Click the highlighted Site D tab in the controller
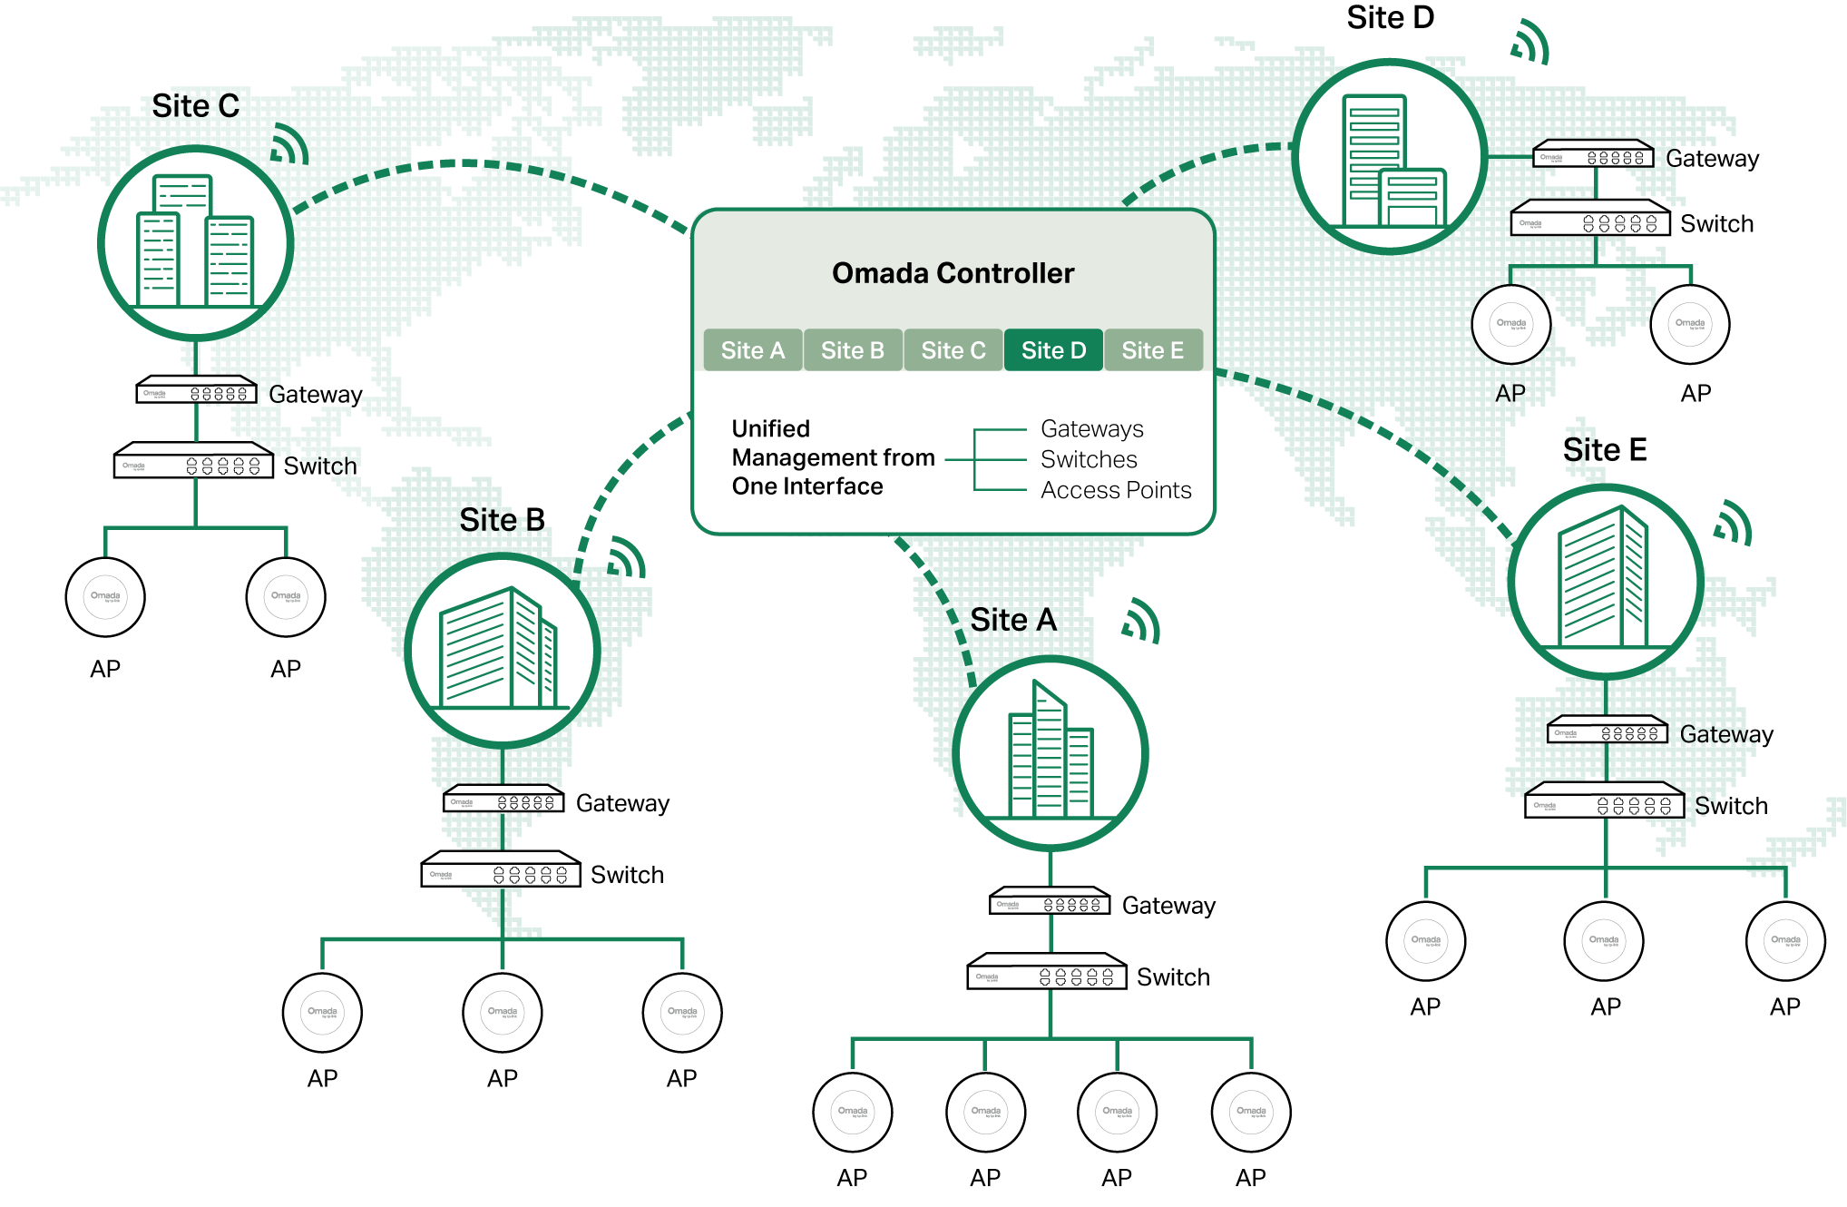[1053, 350]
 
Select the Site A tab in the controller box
[752, 350]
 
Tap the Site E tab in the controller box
[1152, 350]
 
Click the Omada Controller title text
[953, 273]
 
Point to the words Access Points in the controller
[1115, 490]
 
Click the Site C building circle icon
[195, 243]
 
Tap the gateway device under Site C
[196, 391]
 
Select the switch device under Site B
[501, 871]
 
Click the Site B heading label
[502, 520]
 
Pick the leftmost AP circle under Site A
[852, 1112]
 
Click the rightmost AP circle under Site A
[1250, 1112]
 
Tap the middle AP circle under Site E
[1604, 941]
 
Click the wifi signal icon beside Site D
[1530, 43]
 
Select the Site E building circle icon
[1605, 581]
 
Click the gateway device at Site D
[1593, 155]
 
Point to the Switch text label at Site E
[1731, 806]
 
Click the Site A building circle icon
[1050, 753]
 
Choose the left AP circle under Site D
[1510, 324]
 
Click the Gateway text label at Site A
[1168, 906]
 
